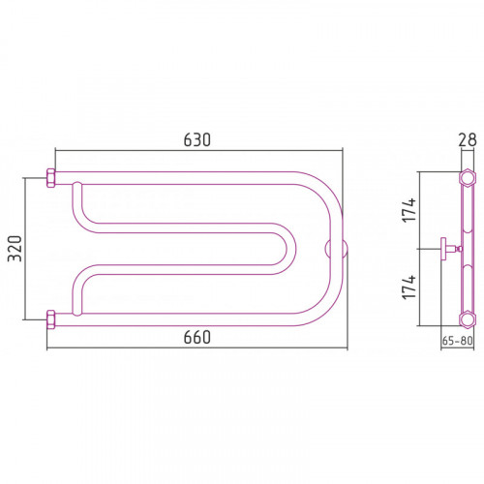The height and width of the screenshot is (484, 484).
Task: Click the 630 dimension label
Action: pyautogui.click(x=197, y=139)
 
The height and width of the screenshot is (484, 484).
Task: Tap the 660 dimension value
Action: pyautogui.click(x=197, y=337)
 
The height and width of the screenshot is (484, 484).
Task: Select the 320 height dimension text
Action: pyautogui.click(x=15, y=249)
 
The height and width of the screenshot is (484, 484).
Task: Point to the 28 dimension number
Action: pyautogui.click(x=468, y=140)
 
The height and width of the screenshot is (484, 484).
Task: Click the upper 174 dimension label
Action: pyautogui.click(x=409, y=210)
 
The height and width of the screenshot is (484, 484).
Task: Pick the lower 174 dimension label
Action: pyautogui.click(x=409, y=287)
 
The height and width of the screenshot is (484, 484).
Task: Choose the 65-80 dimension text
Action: pyautogui.click(x=457, y=341)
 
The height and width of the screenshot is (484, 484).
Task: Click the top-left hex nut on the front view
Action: pyautogui.click(x=51, y=178)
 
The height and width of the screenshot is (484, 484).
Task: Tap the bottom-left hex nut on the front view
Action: pyautogui.click(x=51, y=319)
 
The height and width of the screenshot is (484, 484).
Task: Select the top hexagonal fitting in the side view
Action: pyautogui.click(x=468, y=178)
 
